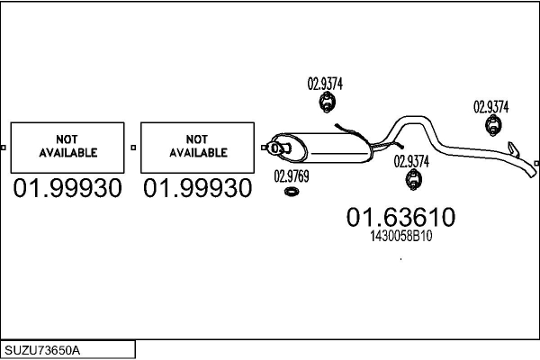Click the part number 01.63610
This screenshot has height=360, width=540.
(x=400, y=217)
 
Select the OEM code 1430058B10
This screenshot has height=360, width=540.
(x=400, y=236)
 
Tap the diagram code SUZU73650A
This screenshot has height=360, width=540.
(x=42, y=350)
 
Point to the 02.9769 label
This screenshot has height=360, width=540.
(x=292, y=176)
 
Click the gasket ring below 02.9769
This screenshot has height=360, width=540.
(x=292, y=192)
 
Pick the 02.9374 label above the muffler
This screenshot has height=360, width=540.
(x=325, y=84)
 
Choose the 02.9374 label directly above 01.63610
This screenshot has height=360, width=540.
(x=411, y=161)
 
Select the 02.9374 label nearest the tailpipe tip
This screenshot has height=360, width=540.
(x=491, y=107)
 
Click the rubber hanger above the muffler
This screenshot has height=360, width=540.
(x=327, y=103)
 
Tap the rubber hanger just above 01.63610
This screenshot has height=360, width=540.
(x=414, y=179)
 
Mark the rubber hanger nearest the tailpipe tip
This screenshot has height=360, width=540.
(x=493, y=125)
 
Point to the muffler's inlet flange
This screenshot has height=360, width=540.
(x=279, y=148)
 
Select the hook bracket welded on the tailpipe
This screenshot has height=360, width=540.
(x=514, y=149)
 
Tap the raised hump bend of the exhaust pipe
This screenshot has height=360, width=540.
(x=413, y=119)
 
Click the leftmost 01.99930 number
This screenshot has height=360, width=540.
(x=67, y=188)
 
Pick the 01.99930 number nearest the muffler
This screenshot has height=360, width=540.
(x=198, y=188)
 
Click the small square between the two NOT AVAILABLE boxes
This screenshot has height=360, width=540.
(x=133, y=148)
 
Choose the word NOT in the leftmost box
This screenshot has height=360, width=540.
(x=67, y=139)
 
